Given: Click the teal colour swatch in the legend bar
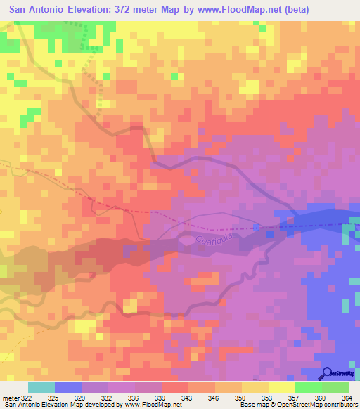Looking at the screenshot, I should [x=41, y=388].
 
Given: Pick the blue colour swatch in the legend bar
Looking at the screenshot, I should [x=67, y=388].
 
